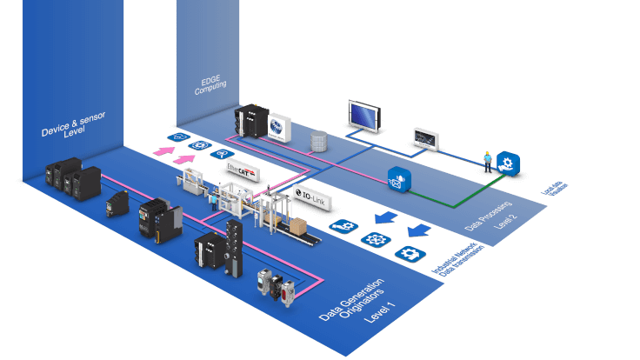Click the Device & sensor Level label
74,127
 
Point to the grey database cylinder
319,139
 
